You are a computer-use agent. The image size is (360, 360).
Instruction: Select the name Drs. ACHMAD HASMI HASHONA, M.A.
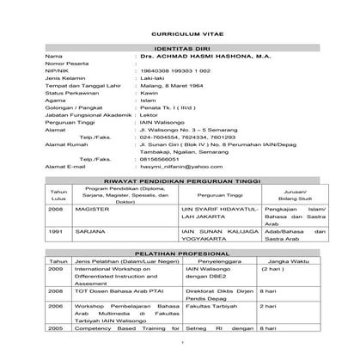click(x=200, y=56)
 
